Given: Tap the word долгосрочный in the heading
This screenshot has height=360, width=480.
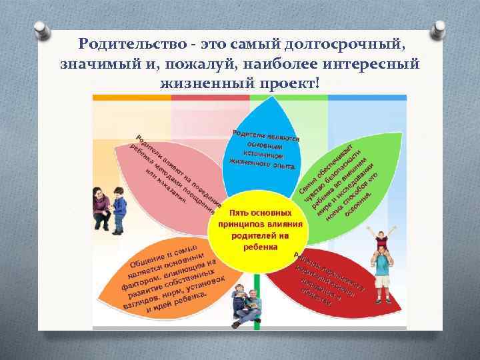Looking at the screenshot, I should coord(346,44).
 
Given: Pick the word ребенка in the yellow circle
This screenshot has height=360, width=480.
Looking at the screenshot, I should coord(261,245).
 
